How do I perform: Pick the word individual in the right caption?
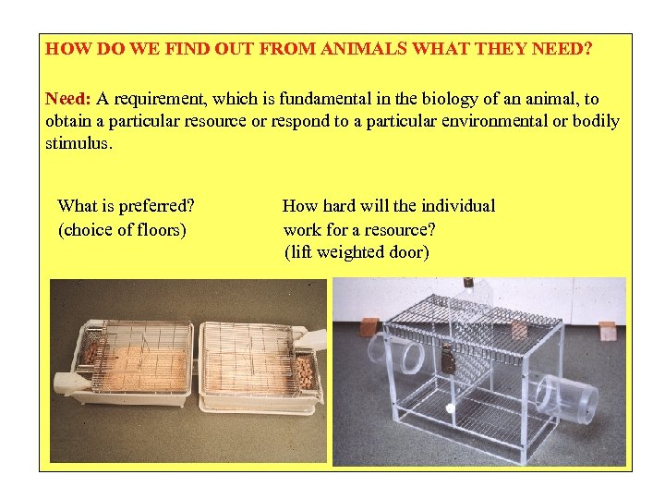point(454,206)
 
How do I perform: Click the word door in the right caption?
point(407,251)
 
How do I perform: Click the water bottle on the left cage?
point(76,381)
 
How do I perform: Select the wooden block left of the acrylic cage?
point(369,327)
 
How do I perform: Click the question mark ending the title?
point(589,49)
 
